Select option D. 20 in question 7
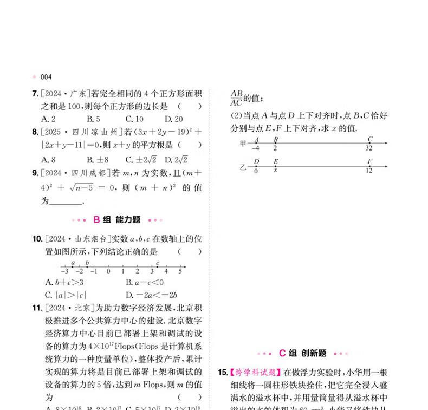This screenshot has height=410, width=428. coord(174,119)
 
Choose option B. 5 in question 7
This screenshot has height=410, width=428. coord(93,119)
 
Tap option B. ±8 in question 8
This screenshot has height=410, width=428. coord(98,159)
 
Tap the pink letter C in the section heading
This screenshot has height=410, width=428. coord(282,353)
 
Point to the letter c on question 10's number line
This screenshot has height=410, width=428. coord(157,263)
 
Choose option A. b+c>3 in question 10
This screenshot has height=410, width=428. coord(64,282)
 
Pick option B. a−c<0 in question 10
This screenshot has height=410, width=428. coord(145,282)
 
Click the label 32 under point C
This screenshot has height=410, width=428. coord(369,148)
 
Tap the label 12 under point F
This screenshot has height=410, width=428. coord(369,171)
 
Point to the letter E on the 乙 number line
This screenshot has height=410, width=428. coord(276,161)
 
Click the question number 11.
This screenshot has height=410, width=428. coord(37,309)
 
